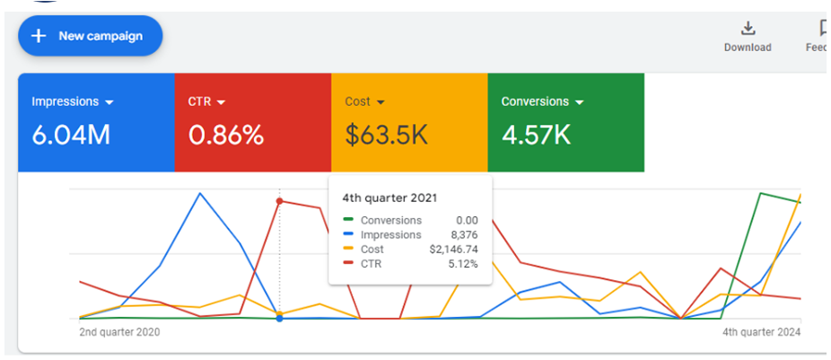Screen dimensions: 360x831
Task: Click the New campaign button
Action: pyautogui.click(x=90, y=36)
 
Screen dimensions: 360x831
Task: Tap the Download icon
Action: pyautogui.click(x=748, y=29)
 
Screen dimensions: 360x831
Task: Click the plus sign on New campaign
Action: pyautogui.click(x=39, y=36)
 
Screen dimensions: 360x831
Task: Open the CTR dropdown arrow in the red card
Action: pyautogui.click(x=221, y=102)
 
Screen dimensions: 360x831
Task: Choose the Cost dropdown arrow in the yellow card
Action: pyautogui.click(x=380, y=102)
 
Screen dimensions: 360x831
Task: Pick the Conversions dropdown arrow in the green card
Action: pyautogui.click(x=579, y=102)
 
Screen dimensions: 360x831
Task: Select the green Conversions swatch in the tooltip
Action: pyautogui.click(x=348, y=220)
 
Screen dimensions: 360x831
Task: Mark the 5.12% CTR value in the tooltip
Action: pyautogui.click(x=462, y=263)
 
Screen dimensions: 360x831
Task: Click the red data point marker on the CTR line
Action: pyautogui.click(x=279, y=201)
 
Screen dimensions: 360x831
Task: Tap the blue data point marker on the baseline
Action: pyautogui.click(x=279, y=319)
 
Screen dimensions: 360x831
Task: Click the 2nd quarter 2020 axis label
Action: pyautogui.click(x=120, y=332)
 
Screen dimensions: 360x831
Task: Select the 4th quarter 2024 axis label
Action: pyautogui.click(x=762, y=332)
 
